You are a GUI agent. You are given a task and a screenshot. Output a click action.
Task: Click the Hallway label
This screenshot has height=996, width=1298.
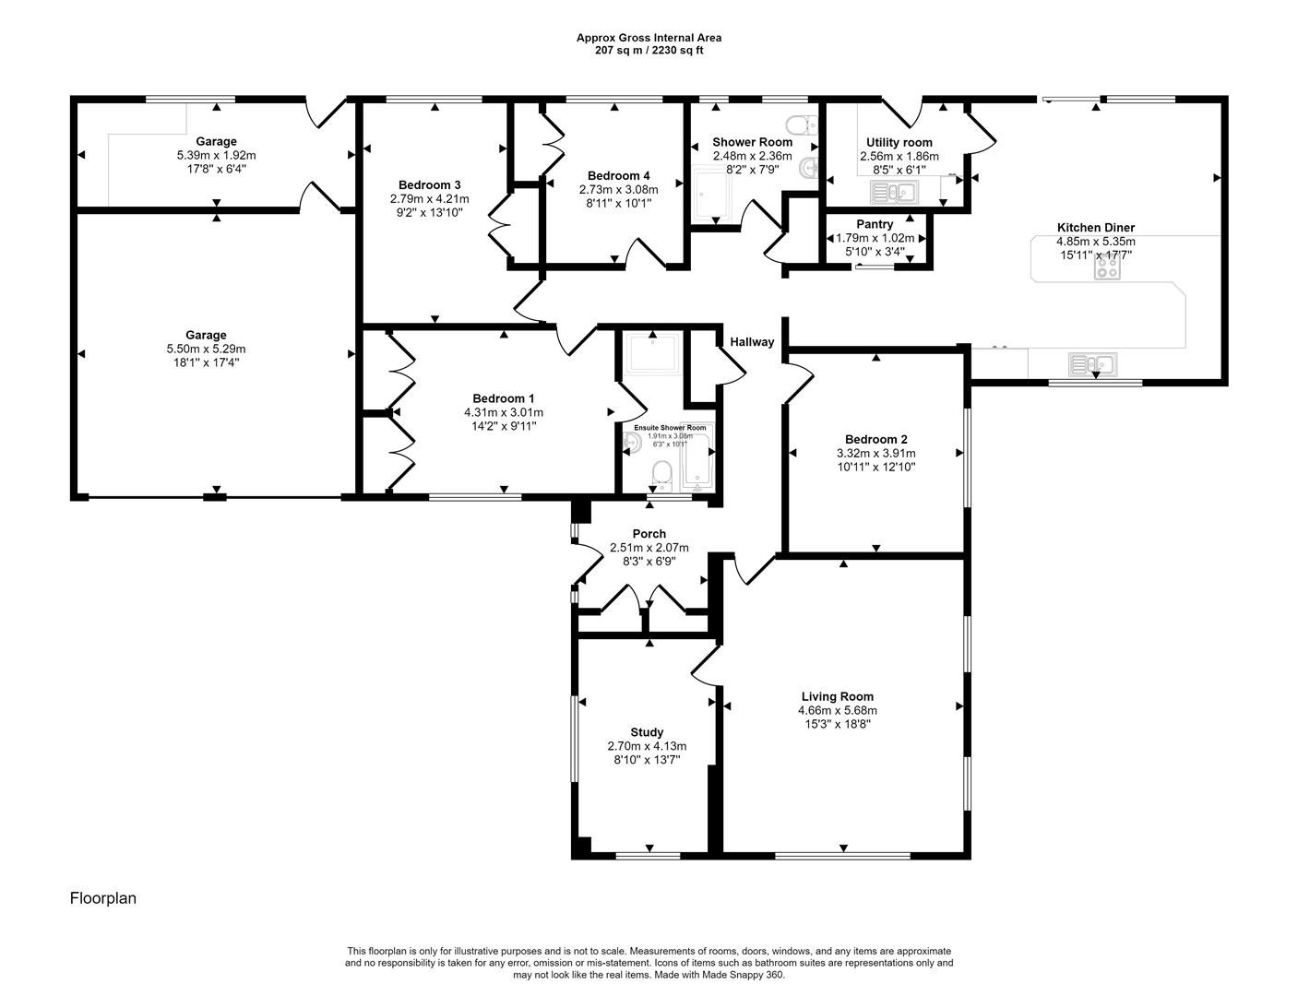click(x=752, y=342)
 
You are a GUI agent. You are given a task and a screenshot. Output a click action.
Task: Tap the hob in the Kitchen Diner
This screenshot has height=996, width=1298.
click(x=1107, y=267)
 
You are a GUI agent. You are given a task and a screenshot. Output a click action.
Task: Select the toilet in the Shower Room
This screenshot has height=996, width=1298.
click(x=799, y=125)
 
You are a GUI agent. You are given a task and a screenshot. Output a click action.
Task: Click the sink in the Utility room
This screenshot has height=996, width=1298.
click(x=892, y=193)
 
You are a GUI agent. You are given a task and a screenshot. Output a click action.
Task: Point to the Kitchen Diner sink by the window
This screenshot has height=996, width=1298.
click(x=1093, y=364)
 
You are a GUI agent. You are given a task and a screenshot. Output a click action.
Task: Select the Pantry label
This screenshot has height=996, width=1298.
click(x=874, y=224)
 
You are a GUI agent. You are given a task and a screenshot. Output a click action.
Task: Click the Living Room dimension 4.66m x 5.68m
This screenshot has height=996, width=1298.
click(x=837, y=710)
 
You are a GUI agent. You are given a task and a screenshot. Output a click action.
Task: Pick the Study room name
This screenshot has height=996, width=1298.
click(x=647, y=732)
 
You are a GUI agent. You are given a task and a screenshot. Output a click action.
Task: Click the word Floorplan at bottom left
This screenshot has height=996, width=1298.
click(x=103, y=898)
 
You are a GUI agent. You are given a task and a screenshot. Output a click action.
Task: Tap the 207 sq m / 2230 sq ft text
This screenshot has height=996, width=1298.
click(x=649, y=51)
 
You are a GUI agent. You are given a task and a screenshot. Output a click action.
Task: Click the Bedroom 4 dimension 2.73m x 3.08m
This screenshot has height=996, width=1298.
click(x=618, y=190)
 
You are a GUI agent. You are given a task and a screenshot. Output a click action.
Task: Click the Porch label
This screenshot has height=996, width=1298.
click(x=649, y=534)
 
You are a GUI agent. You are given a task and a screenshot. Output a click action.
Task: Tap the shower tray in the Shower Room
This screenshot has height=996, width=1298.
click(x=711, y=195)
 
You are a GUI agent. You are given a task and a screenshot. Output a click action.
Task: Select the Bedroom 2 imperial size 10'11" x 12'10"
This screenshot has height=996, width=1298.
click(x=875, y=467)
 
